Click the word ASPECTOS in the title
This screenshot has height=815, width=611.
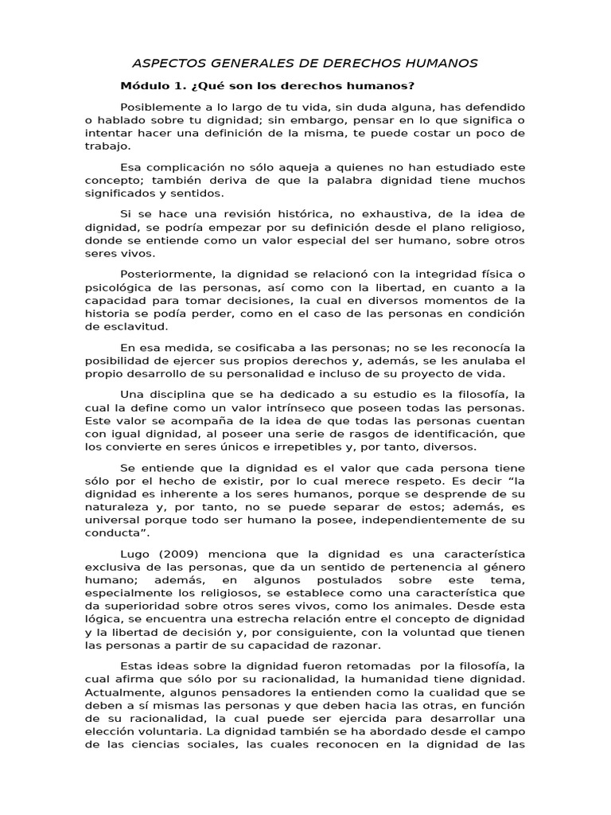pos(165,63)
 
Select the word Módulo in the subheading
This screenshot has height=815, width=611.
pos(142,86)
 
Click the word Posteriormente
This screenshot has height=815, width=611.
pos(167,275)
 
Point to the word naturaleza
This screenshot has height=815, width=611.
pos(116,508)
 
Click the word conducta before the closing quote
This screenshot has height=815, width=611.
pos(112,533)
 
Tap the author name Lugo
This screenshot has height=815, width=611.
pos(135,553)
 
